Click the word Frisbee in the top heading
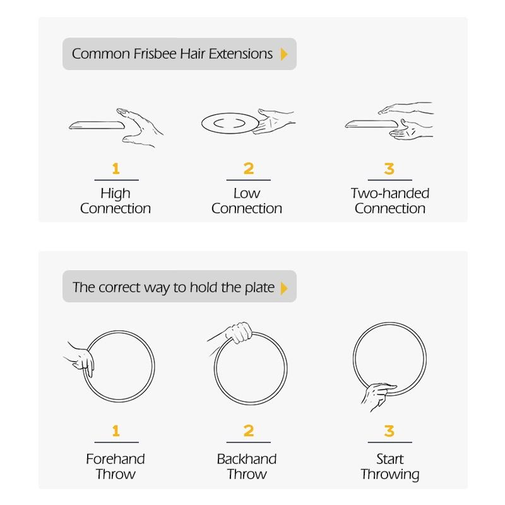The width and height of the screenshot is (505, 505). tap(155, 54)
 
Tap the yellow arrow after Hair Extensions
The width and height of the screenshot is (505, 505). tap(283, 54)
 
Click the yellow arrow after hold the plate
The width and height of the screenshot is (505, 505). tap(283, 288)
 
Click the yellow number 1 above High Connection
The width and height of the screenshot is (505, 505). tap(116, 169)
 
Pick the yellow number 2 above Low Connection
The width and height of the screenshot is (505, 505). tap(249, 169)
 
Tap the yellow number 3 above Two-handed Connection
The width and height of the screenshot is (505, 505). tap(389, 169)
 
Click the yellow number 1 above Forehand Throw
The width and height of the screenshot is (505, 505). tap(116, 431)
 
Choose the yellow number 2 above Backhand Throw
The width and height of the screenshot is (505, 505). tap(249, 431)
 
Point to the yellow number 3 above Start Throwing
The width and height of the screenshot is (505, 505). tap(389, 431)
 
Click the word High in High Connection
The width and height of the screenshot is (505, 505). tap(116, 194)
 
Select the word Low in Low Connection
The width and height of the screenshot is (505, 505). tap(247, 193)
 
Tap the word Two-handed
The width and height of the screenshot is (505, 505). tap(390, 193)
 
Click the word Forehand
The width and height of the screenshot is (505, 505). tap(116, 459)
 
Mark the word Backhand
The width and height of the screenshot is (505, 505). tap(247, 459)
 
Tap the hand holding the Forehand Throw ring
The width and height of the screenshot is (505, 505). tap(81, 359)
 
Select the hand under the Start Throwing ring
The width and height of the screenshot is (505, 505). tap(377, 396)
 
